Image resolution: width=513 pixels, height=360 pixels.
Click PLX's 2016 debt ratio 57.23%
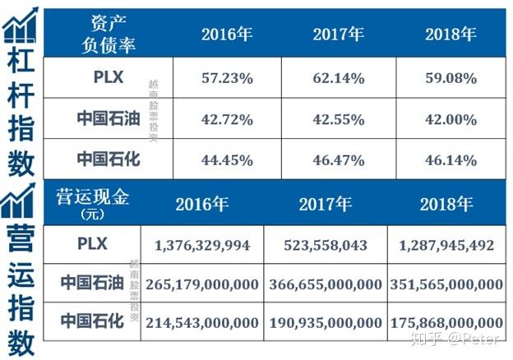[x=226, y=78]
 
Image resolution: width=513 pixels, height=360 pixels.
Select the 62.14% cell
[x=338, y=78]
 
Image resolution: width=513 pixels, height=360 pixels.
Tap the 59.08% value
[x=450, y=78]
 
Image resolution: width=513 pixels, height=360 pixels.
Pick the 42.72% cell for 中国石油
[x=226, y=119]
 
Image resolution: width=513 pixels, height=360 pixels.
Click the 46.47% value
[x=338, y=159]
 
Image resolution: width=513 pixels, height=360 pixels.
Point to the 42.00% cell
[x=450, y=119]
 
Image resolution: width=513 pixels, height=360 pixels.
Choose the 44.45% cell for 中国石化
[x=226, y=159]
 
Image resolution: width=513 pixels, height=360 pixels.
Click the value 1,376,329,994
[x=202, y=244]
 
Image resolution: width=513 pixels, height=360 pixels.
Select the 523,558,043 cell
[x=326, y=244]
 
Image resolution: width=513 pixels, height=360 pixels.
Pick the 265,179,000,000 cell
[x=202, y=284]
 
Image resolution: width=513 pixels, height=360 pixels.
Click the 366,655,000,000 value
[x=326, y=284]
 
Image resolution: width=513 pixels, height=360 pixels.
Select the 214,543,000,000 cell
[x=202, y=323]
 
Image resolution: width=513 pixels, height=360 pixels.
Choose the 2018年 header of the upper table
[x=450, y=34]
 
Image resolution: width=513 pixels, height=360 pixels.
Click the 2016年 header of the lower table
[x=202, y=204]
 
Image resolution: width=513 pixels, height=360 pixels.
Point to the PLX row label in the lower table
[x=93, y=243]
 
